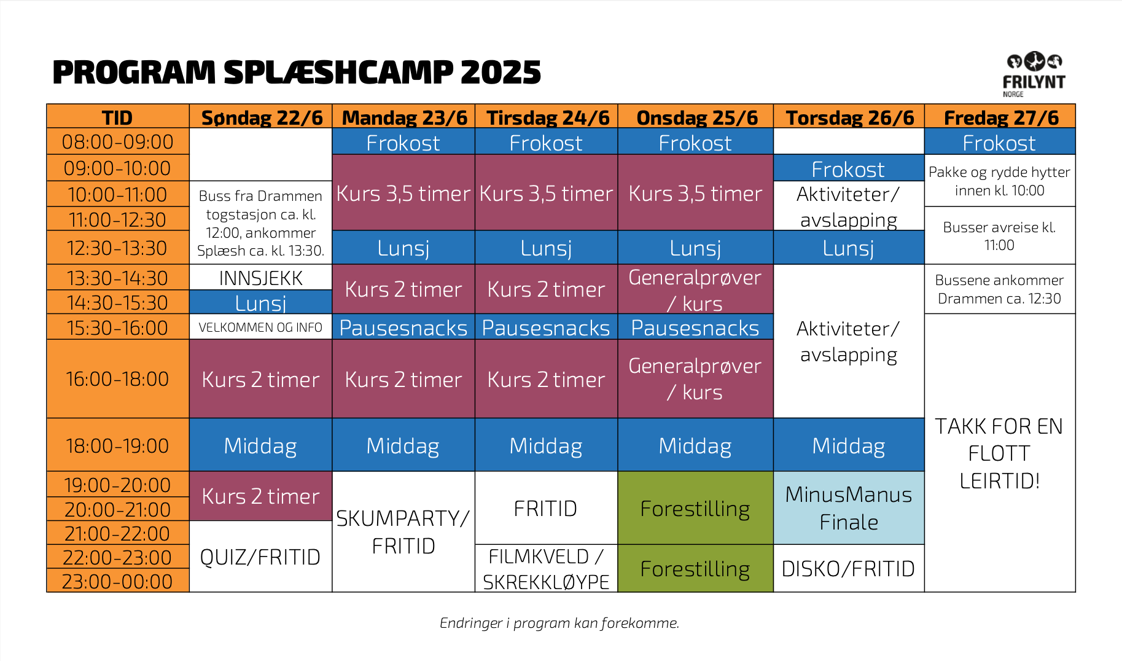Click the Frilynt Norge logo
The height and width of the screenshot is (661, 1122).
[x=1034, y=74]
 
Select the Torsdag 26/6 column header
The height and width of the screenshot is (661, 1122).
[x=849, y=117]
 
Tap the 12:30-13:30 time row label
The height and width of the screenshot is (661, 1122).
[x=118, y=248]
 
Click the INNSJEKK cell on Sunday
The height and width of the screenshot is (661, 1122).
[x=261, y=278]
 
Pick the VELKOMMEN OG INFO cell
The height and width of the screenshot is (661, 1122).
[x=261, y=327]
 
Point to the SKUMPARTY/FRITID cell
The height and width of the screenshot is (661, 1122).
[x=403, y=532]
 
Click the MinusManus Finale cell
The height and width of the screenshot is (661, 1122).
[x=849, y=508]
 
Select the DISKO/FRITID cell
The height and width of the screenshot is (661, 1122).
[x=849, y=568]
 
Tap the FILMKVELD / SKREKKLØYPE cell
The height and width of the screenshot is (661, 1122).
[x=546, y=568]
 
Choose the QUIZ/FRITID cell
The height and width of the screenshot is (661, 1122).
[x=261, y=557]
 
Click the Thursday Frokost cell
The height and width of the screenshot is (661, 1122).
[x=849, y=168]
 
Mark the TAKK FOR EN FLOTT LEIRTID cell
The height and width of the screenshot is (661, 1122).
[x=1000, y=453]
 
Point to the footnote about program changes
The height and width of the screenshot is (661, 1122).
[x=559, y=623]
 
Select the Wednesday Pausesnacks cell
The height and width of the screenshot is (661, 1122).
[x=695, y=327]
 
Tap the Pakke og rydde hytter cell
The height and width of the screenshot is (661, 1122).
[x=1000, y=181]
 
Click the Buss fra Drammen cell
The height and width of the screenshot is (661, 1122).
[x=261, y=223]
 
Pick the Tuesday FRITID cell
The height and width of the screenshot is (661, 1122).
[x=546, y=508]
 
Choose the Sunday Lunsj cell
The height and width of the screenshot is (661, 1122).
[x=261, y=302]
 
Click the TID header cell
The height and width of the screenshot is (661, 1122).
[x=118, y=117]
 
